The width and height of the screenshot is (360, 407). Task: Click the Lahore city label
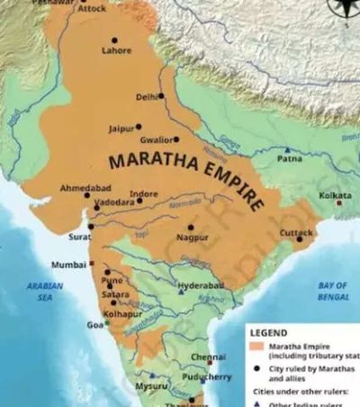pyautogui.click(x=116, y=51)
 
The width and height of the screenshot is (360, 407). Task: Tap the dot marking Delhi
pyautogui.click(x=161, y=95)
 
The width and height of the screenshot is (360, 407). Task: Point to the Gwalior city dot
pyautogui.click(x=176, y=139)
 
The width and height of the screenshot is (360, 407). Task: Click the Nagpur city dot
pyautogui.click(x=190, y=227)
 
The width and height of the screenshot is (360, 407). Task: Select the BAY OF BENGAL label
pyautogui.click(x=334, y=290)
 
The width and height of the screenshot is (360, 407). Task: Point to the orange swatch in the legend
pyautogui.click(x=256, y=344)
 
